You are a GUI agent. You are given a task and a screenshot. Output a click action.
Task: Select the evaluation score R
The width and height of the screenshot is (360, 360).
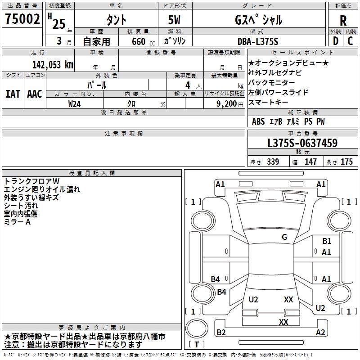tap(343, 20)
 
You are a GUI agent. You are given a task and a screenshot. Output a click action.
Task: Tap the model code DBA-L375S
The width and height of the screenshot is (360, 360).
tap(258, 41)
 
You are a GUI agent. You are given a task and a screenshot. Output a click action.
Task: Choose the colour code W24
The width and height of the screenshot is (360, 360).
tap(75, 103)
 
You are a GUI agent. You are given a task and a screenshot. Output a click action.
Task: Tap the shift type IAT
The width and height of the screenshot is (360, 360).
tap(13, 94)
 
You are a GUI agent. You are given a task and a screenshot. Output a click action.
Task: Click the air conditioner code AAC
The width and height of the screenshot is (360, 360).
tap(34, 94)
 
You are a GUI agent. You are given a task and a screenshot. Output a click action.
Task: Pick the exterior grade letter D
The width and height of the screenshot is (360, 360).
tap(335, 41)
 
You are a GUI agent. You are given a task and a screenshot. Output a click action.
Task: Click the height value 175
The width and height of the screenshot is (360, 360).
tap(346, 162)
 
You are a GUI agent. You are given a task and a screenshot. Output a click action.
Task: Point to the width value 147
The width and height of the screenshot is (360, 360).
tap(310, 162)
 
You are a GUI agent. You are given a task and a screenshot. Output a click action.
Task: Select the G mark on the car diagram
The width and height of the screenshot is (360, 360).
tap(284, 237)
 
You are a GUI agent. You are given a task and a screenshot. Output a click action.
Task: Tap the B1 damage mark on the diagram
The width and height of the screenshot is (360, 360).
tap(327, 241)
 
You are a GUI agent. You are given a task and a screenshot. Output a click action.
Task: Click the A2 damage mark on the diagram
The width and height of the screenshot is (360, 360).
tap(320, 333)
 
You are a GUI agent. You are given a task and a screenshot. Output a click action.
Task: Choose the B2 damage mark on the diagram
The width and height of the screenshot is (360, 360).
tap(221, 333)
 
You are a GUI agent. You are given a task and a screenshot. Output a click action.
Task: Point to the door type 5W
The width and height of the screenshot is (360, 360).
tap(175, 20)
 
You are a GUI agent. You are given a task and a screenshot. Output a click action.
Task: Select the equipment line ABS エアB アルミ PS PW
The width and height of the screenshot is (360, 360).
tap(288, 121)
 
